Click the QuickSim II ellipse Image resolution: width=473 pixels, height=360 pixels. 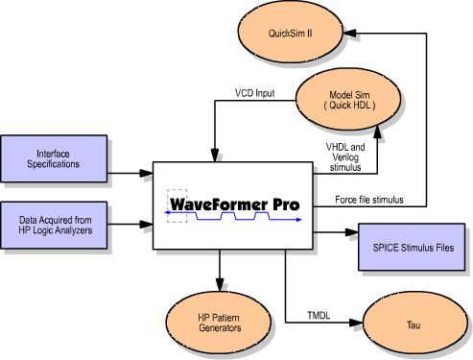click(296, 33)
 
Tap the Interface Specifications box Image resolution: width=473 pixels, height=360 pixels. click(52, 158)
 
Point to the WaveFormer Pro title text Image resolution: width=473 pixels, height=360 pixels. click(235, 204)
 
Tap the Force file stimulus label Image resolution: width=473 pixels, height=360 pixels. click(369, 200)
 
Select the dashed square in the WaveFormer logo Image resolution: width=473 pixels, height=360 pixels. click(177, 204)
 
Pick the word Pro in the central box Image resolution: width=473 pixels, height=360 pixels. click(282, 204)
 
